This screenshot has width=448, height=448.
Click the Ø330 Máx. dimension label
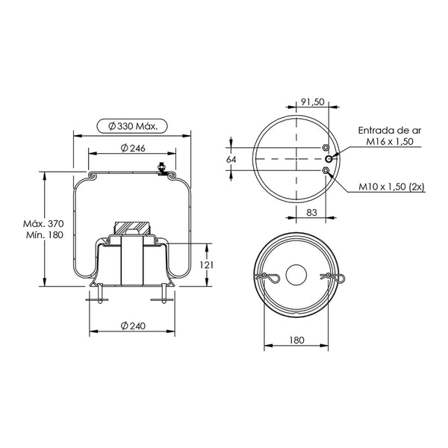(x=133, y=126)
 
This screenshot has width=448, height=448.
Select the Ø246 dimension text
(x=133, y=148)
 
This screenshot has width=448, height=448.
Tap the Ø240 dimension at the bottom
(x=133, y=326)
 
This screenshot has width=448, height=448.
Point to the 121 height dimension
(x=206, y=265)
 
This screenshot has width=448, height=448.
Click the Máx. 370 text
(x=43, y=223)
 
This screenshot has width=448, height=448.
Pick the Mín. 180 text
(x=45, y=235)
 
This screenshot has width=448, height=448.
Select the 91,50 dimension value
(x=313, y=102)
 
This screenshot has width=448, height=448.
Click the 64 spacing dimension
(x=231, y=160)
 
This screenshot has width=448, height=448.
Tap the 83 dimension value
(x=311, y=212)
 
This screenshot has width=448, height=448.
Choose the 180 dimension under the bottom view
(x=297, y=340)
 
